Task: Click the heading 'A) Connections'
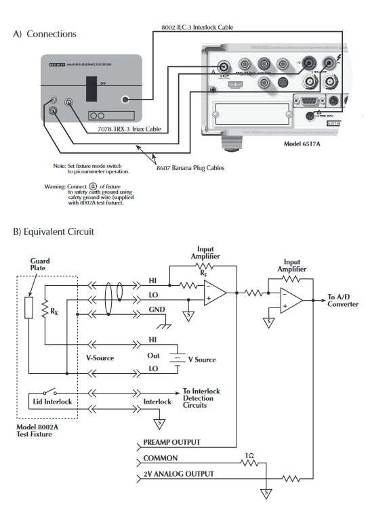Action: [x=45, y=34]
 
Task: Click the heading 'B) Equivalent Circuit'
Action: [x=54, y=232]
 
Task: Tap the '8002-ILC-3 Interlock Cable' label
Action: [x=198, y=28]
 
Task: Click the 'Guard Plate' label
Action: [x=39, y=264]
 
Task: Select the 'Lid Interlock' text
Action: [x=51, y=402]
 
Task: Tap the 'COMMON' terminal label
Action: [x=160, y=459]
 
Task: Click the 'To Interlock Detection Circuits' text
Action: [x=201, y=398]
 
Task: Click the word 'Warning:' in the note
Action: [x=55, y=186]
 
